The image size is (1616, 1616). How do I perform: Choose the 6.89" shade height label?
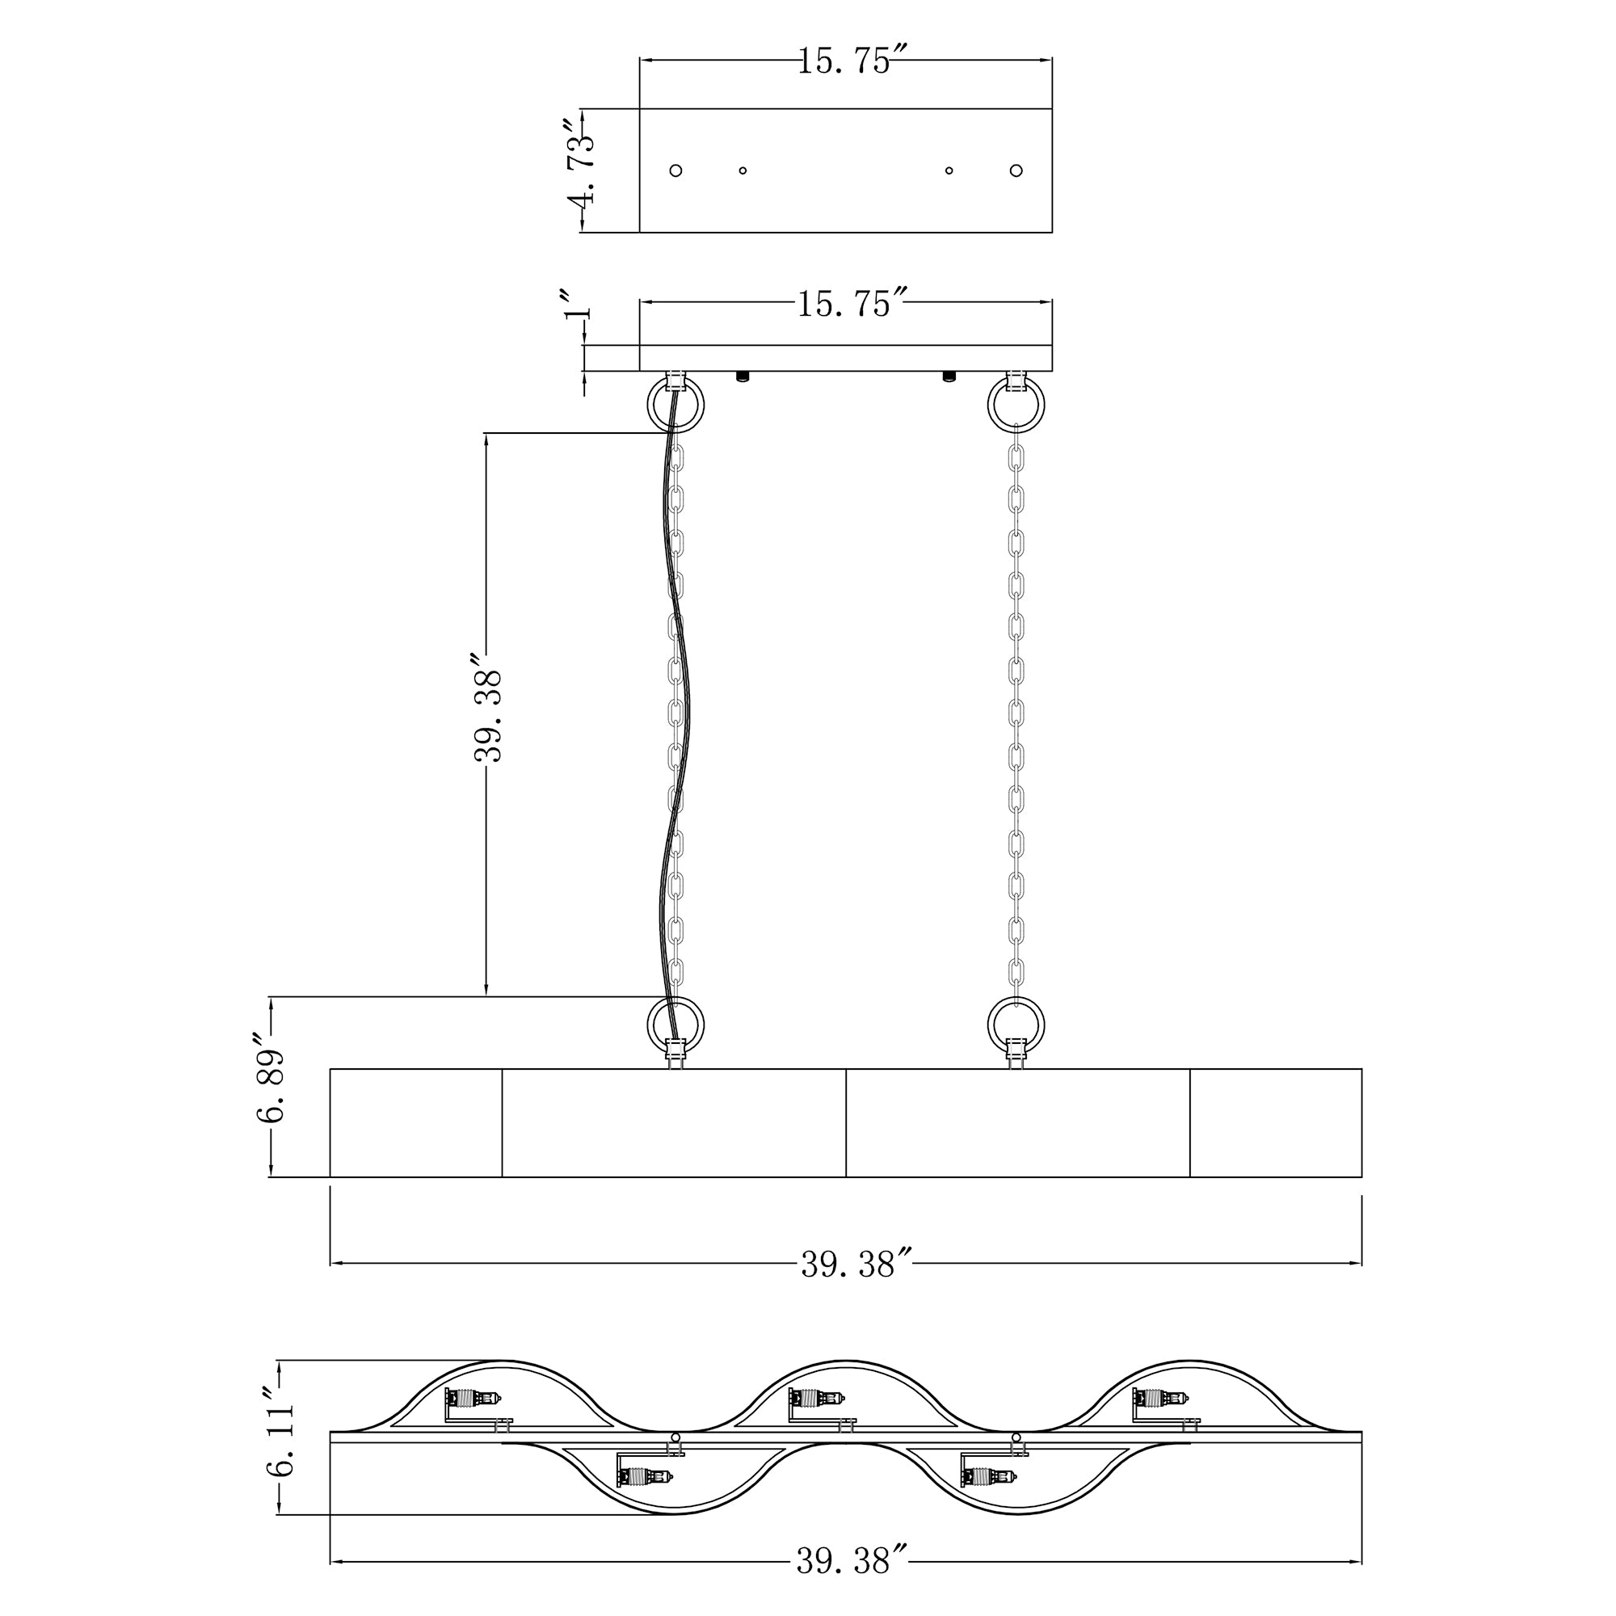pos(271,1076)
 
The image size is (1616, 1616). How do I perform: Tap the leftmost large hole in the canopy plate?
pos(675,170)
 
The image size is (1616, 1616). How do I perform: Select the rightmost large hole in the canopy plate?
pos(1016,170)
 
